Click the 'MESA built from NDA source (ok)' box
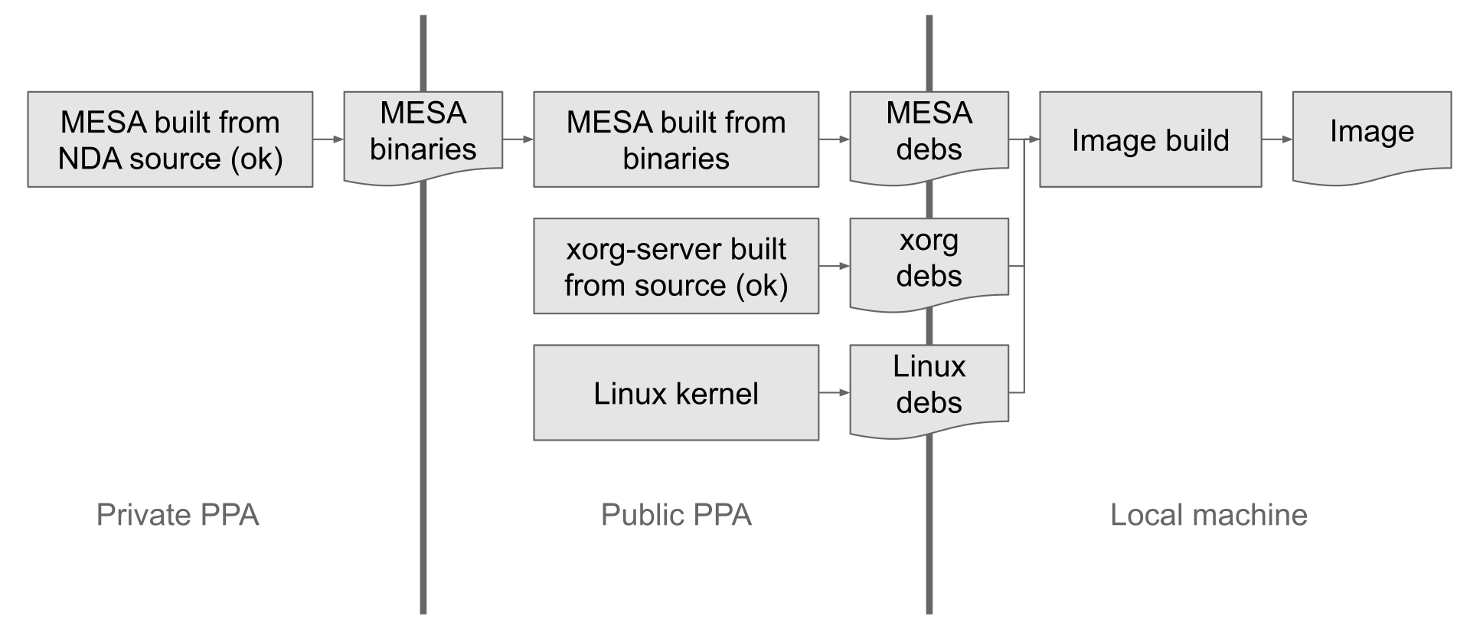pos(170,139)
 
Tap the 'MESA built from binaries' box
pos(676,139)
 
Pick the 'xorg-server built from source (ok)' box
pos(676,266)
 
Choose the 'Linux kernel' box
pos(676,392)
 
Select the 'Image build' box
pos(1150,139)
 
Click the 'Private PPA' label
pos(178,515)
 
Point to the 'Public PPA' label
pos(676,515)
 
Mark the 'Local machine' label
pos(1208,515)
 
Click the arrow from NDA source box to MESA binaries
pos(328,139)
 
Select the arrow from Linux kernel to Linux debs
pos(835,392)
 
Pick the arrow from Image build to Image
pos(1277,139)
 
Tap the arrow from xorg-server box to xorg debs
pos(835,266)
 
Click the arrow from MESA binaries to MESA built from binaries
pos(518,139)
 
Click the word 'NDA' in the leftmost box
pos(88,159)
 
